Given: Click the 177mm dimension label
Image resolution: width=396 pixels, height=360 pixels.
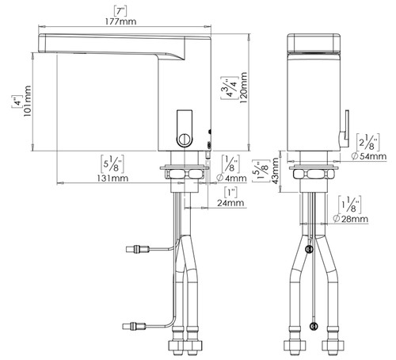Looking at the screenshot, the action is pos(121,21).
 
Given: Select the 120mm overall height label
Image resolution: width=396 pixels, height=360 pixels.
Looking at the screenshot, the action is pos(243,87).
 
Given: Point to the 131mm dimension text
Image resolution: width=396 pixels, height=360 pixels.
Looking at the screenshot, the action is pos(112,178).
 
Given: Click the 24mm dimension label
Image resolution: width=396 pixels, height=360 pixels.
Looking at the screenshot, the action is pos(230,203).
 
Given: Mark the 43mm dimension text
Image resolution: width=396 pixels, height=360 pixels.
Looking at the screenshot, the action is pos(275,170).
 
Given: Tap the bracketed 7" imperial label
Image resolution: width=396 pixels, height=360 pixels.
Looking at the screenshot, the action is pos(120,11).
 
